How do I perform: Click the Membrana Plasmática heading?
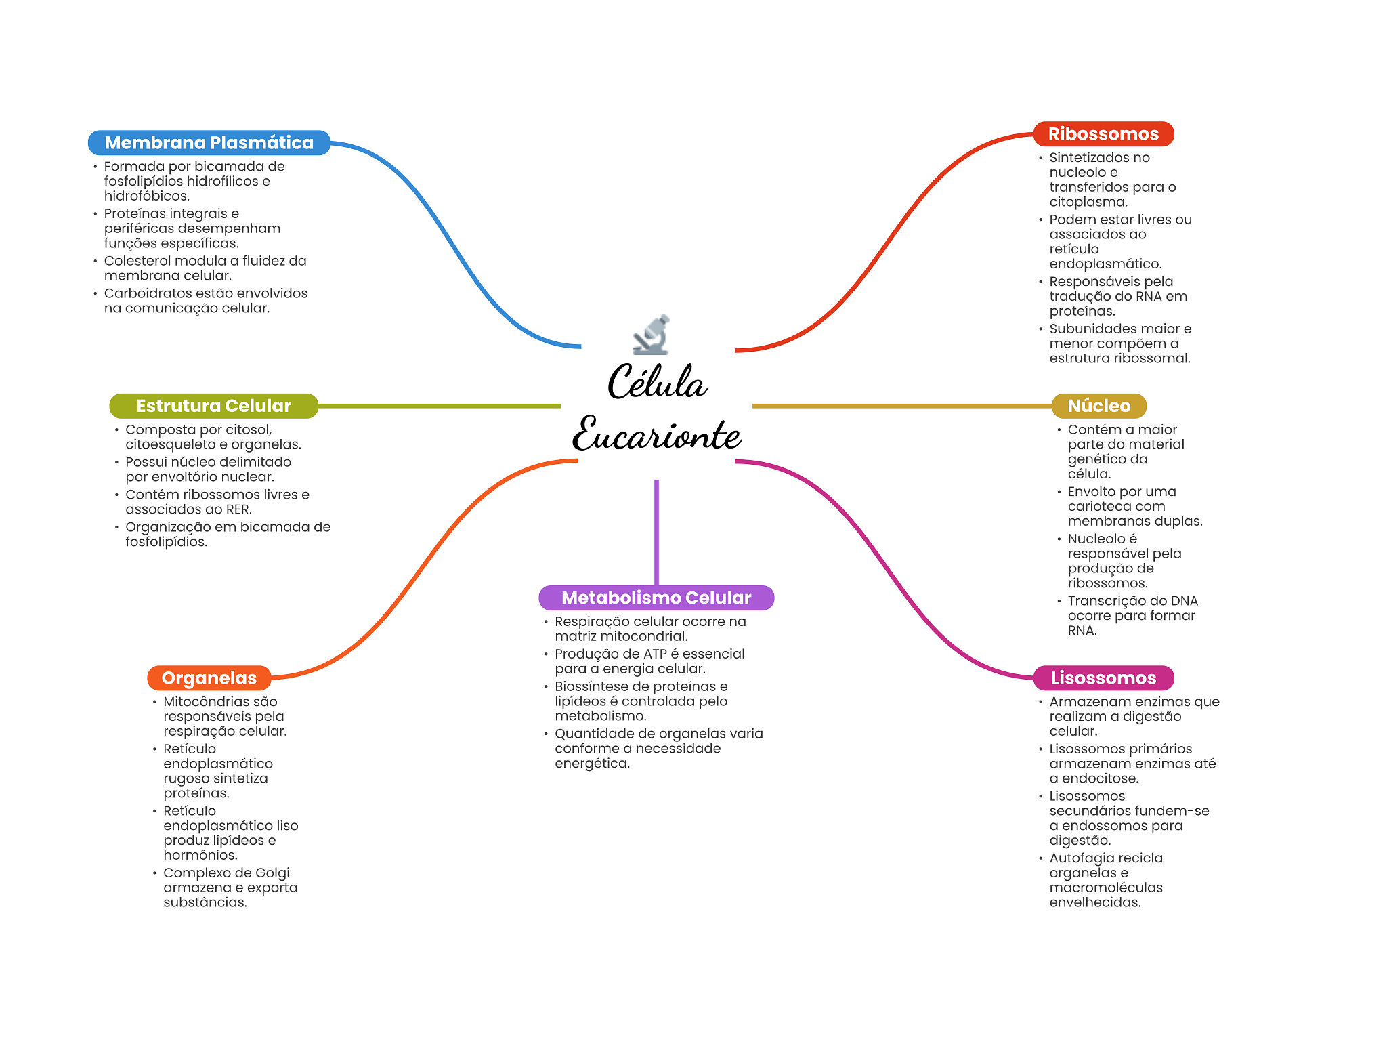(x=209, y=143)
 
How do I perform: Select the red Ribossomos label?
(x=1103, y=134)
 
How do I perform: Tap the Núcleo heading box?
(x=1098, y=406)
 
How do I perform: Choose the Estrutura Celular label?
(x=213, y=406)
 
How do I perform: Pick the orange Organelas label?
(x=209, y=678)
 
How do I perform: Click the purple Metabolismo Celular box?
(x=656, y=598)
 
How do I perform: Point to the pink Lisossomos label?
(x=1103, y=678)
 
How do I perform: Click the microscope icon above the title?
(x=652, y=335)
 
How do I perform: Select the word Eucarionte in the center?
(x=656, y=434)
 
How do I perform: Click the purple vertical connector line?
(x=656, y=532)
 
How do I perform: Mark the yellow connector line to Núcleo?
(x=901, y=406)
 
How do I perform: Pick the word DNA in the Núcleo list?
(x=1184, y=601)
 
